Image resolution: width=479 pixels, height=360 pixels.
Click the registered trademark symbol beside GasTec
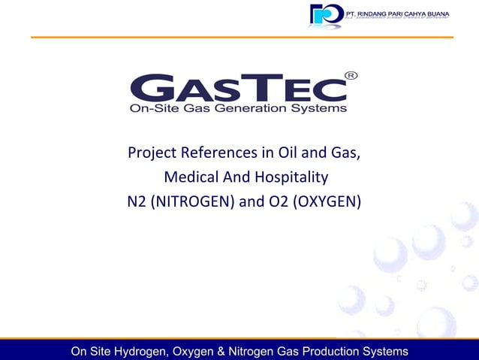tap(350, 75)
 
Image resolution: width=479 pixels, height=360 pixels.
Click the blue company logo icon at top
tap(326, 15)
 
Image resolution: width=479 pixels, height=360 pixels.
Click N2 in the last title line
tap(137, 201)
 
